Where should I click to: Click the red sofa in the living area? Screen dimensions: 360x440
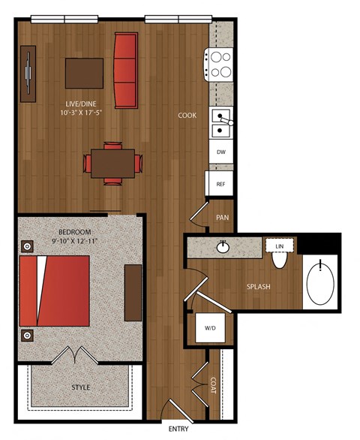(125, 70)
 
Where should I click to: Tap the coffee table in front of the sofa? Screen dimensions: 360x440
(85, 74)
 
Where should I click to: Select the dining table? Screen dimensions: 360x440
(112, 164)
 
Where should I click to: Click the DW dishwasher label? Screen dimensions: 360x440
(221, 152)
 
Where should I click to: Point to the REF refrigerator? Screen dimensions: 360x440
(219, 183)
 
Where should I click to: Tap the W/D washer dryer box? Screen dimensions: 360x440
(210, 328)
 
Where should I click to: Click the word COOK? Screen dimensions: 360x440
(187, 116)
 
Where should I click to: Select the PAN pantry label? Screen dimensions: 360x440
(222, 218)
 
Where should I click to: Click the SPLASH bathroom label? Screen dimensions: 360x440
(259, 287)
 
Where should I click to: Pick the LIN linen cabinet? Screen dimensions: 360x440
(280, 246)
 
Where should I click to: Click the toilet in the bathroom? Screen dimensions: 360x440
(280, 260)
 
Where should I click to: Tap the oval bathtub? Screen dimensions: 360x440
(320, 283)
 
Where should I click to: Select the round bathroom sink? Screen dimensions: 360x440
(223, 247)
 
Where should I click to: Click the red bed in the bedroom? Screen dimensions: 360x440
(55, 291)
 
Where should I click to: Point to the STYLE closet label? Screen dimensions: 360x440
(81, 387)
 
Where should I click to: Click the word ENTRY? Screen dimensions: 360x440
(178, 429)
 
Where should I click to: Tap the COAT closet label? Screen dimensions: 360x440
(213, 385)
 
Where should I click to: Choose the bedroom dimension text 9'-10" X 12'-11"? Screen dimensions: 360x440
(74, 241)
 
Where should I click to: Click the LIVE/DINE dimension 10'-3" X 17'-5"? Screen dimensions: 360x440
(81, 113)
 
